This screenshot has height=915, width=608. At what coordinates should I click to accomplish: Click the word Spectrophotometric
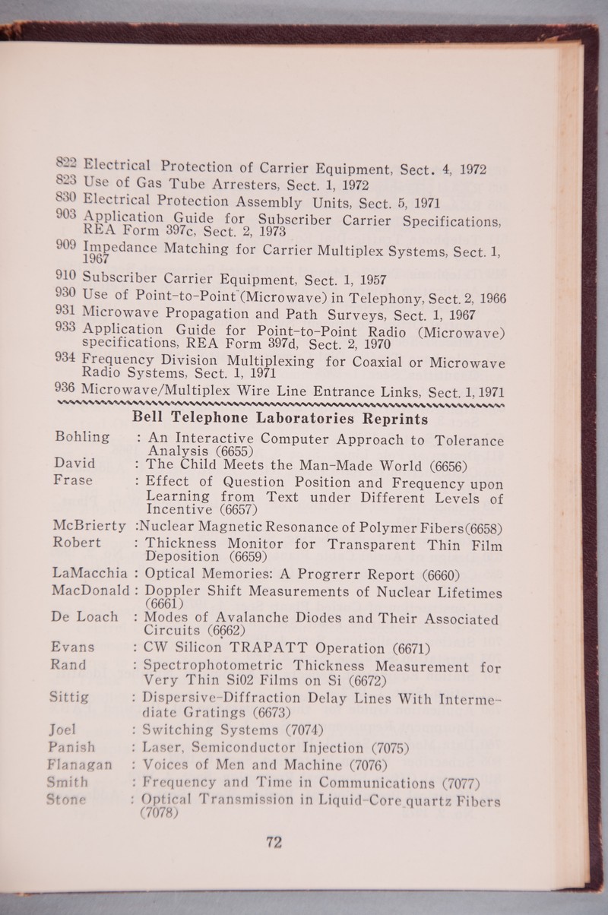[220, 665]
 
